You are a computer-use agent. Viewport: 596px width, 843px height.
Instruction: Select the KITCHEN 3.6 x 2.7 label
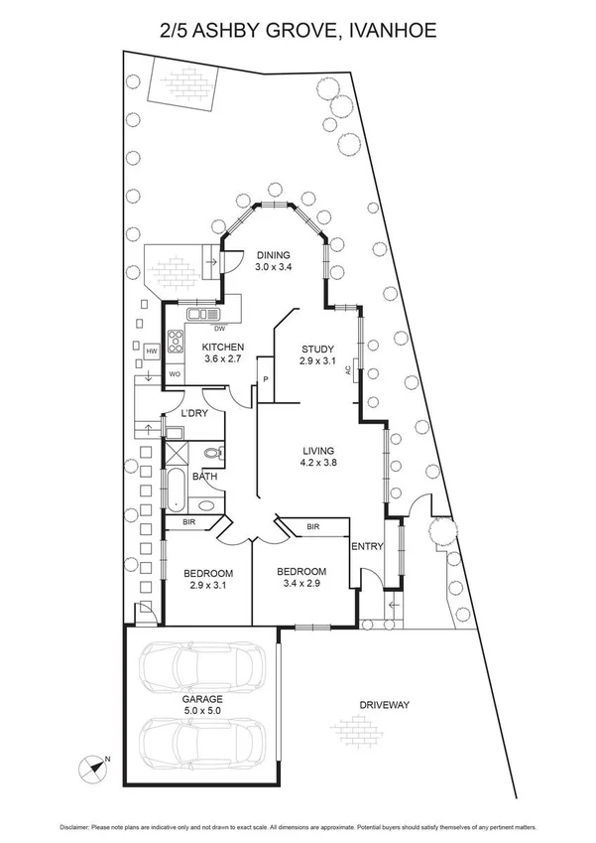tap(224, 352)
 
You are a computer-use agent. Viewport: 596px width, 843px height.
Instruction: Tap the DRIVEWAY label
tap(385, 705)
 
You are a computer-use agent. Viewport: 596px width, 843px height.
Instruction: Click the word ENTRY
tap(367, 545)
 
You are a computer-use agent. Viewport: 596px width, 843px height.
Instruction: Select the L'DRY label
tap(193, 413)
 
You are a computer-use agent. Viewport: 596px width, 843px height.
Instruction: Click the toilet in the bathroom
tap(209, 455)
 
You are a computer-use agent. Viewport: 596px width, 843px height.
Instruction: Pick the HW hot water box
tap(153, 351)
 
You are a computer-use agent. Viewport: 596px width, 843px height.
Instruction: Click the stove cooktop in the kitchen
tap(176, 341)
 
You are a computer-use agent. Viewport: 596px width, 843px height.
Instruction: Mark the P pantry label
tap(266, 379)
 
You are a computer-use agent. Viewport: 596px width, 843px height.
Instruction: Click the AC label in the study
tap(348, 370)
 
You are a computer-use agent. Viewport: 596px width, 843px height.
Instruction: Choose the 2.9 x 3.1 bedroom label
tap(208, 581)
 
